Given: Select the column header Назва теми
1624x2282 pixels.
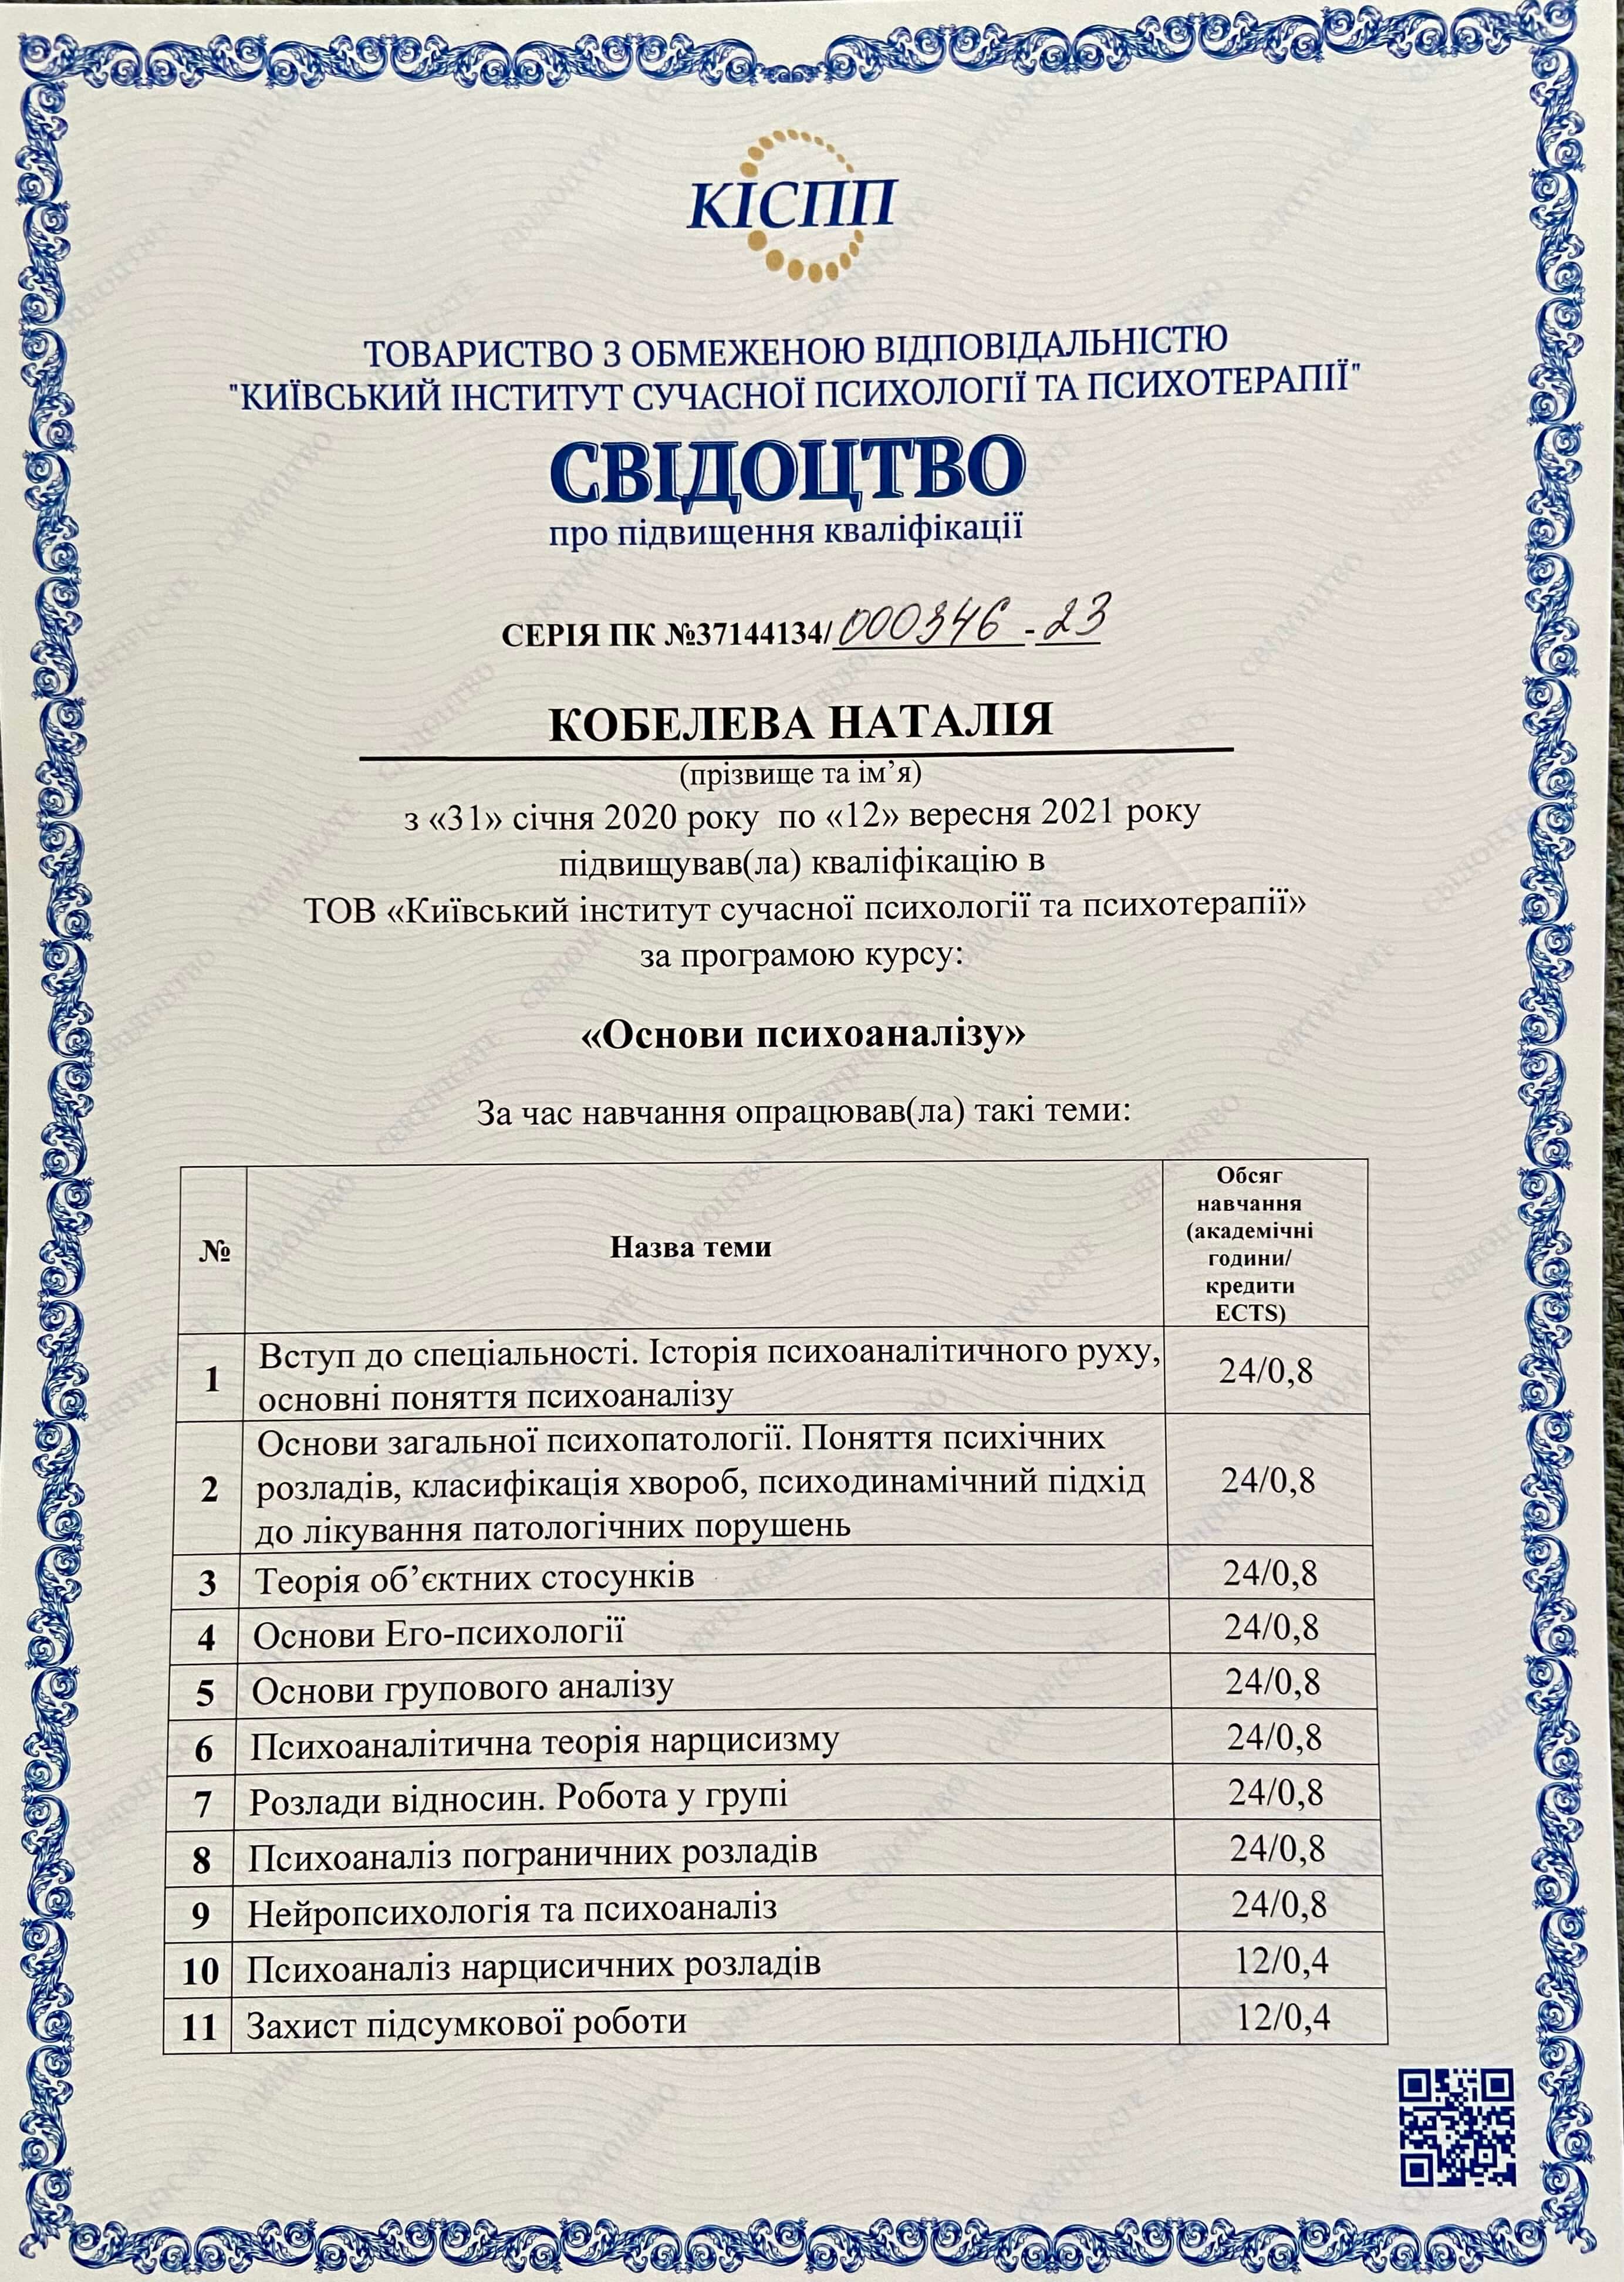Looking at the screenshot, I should [x=691, y=1247].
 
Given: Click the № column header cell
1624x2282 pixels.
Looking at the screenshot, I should [x=214, y=1251].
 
